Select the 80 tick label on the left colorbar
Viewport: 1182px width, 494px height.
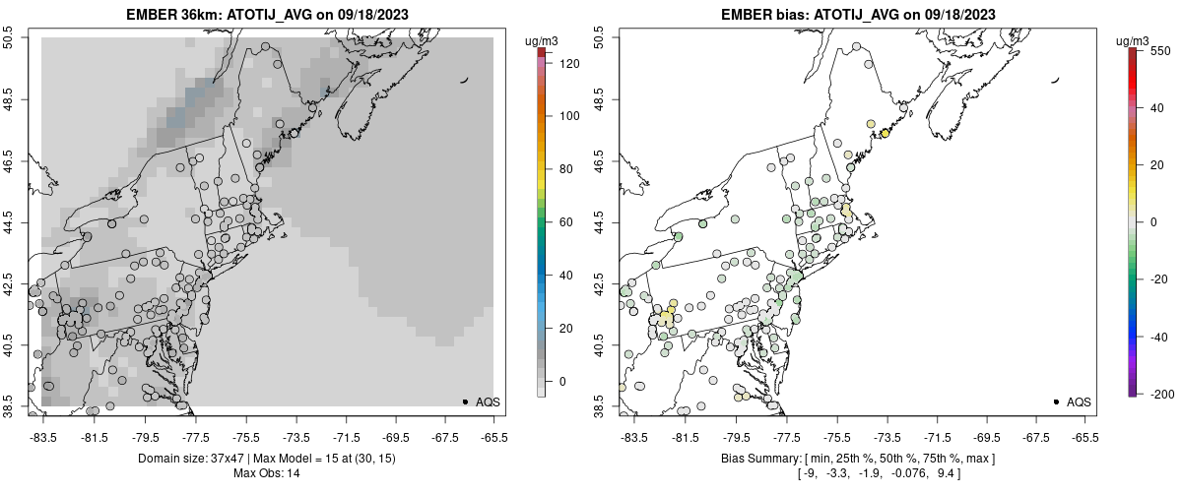563,169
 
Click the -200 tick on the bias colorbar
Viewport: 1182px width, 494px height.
1158,394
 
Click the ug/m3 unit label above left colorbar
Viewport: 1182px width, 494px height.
543,40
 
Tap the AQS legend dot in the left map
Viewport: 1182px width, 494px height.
465,401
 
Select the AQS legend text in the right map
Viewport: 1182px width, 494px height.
1079,401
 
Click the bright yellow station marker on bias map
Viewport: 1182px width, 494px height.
885,134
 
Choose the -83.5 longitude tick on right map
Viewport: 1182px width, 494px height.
633,437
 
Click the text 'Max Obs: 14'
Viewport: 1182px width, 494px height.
268,473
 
